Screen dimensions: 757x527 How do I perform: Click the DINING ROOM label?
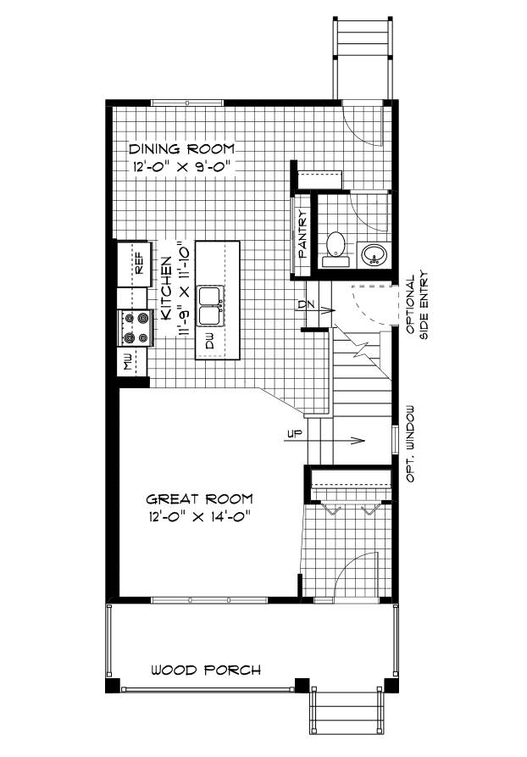181,148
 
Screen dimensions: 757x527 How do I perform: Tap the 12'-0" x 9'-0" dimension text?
181,166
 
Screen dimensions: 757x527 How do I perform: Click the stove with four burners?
136,328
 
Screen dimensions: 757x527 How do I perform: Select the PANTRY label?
302,233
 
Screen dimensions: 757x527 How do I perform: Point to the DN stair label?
307,303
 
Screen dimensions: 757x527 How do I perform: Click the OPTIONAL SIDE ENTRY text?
416,306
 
